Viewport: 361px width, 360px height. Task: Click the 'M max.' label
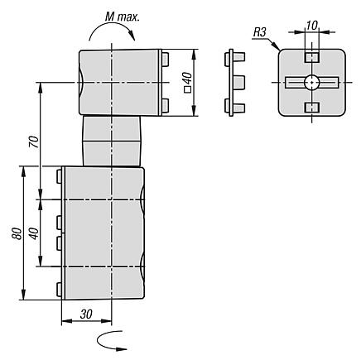(123, 17)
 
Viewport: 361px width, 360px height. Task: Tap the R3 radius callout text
(259, 33)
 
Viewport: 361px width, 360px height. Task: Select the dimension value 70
(35, 142)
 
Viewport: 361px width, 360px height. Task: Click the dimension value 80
(17, 233)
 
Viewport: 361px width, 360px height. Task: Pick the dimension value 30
(86, 314)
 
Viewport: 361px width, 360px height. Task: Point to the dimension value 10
(311, 26)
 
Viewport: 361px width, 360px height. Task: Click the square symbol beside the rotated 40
(188, 89)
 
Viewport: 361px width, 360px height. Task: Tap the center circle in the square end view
(312, 82)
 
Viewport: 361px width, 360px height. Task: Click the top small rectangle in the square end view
(312, 57)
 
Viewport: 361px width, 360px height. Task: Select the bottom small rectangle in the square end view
(312, 108)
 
